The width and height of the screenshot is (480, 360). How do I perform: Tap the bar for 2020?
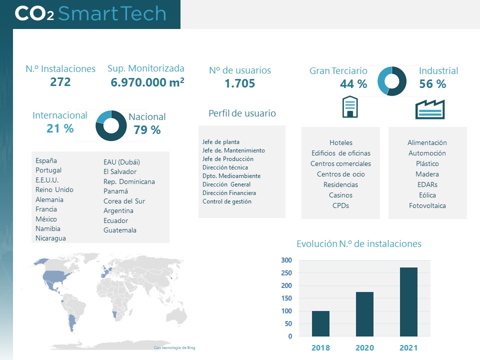click(364, 314)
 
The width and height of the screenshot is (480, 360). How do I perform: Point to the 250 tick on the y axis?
click(286, 273)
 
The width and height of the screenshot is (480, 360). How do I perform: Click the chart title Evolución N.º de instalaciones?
click(358, 244)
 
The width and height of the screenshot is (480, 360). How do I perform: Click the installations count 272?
click(60, 82)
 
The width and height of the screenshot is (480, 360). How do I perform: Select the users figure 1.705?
click(239, 83)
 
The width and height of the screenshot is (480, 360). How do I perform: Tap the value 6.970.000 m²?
click(147, 82)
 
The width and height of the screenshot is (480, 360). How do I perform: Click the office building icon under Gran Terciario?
click(349, 107)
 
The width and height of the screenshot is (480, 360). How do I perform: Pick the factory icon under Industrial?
click(429, 109)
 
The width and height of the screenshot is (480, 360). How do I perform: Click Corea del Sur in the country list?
click(124, 201)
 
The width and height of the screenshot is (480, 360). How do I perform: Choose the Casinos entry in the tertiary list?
click(340, 195)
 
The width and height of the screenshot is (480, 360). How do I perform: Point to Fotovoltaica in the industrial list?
click(427, 205)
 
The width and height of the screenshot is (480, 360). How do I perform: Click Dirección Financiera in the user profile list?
click(229, 193)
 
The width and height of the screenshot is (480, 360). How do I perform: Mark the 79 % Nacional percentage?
click(147, 130)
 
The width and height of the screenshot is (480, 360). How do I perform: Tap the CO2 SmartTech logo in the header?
click(90, 13)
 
